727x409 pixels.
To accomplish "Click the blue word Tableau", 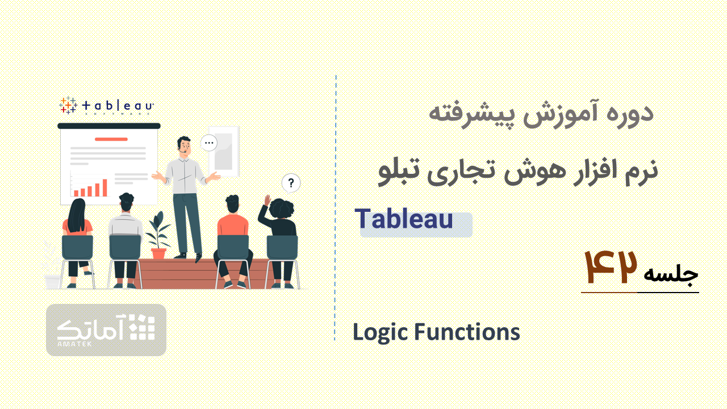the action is pos(403,219).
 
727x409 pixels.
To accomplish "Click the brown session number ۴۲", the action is pos(610,267).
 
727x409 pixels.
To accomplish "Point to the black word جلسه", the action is pos(671,274).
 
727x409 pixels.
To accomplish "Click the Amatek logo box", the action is pos(106,330).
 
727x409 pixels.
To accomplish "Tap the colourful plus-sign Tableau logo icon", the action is pos(68,105).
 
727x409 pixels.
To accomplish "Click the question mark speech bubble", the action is pos(291,183).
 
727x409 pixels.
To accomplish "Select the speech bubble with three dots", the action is pos(208,143).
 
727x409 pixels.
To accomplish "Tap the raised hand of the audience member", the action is pos(268,199).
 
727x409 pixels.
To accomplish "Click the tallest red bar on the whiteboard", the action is pos(105,187).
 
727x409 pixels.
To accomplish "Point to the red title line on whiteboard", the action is pos(111,139).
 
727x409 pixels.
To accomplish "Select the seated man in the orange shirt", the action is pos(232,240).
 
